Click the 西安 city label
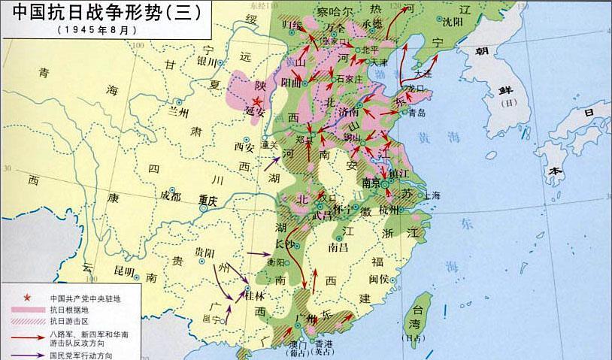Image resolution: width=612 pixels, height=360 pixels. (x=245, y=147)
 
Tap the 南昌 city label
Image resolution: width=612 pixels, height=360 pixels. (x=339, y=246)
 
